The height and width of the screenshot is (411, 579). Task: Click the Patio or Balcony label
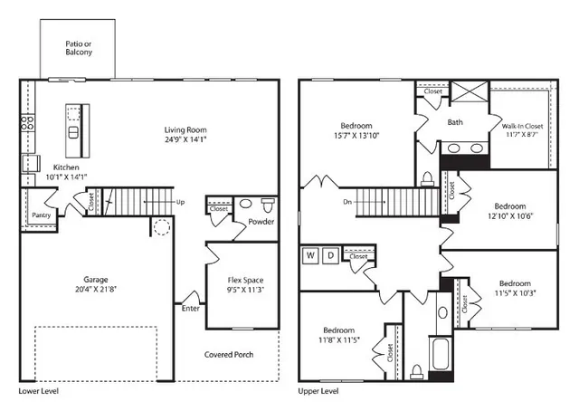[78, 48]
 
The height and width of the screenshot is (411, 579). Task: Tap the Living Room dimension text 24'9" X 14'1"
[186, 140]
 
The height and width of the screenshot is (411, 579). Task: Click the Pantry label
[41, 215]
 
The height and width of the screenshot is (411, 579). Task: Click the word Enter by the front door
[192, 309]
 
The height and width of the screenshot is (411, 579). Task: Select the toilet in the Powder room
[268, 204]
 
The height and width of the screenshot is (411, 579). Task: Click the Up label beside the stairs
[181, 202]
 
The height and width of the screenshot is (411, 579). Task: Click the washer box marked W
[310, 256]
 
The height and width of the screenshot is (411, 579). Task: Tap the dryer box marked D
[331, 256]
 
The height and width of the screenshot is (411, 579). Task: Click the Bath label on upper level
[457, 122]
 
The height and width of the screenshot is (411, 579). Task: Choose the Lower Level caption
[41, 391]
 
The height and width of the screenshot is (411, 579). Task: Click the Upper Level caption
[318, 391]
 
